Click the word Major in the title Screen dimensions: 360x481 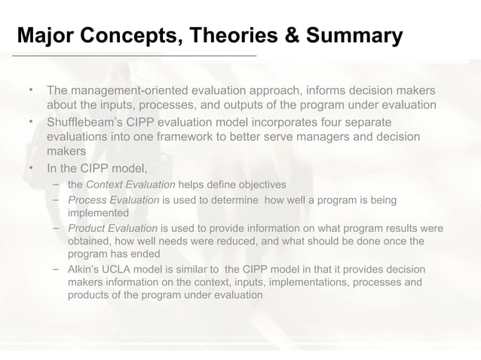[x=46, y=35]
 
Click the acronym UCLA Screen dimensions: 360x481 [x=119, y=269]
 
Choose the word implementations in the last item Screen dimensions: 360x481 [x=296, y=282]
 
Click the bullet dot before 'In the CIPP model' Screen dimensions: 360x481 [x=31, y=168]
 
